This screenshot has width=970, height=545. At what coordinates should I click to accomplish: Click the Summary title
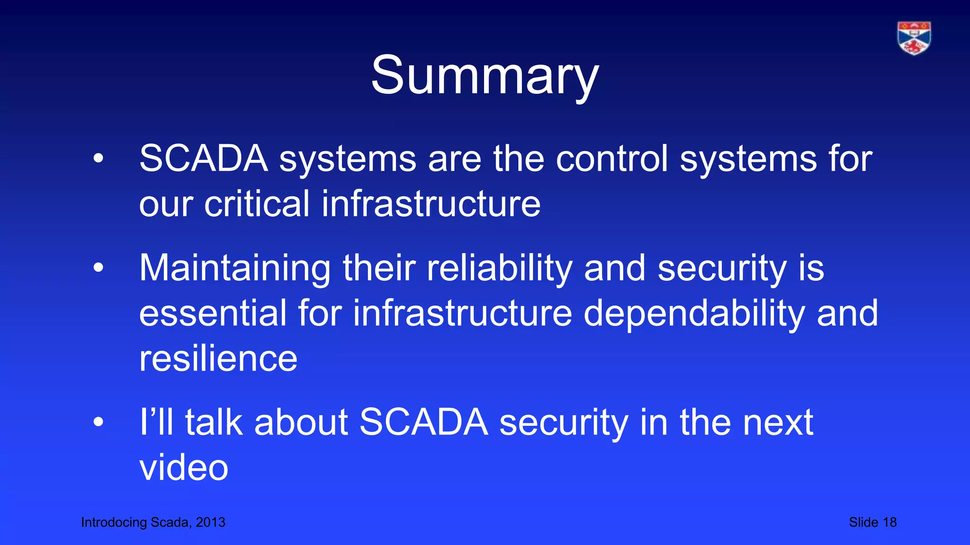click(485, 76)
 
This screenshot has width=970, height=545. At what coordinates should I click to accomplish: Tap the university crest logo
click(914, 38)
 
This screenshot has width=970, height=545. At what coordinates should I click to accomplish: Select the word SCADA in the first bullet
click(204, 158)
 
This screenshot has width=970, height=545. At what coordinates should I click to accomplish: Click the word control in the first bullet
click(611, 158)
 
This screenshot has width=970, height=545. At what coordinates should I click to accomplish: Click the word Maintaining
click(234, 268)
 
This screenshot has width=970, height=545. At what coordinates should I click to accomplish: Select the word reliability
click(499, 268)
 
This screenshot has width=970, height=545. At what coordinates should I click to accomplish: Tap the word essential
click(213, 313)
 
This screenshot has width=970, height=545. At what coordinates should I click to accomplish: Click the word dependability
click(694, 313)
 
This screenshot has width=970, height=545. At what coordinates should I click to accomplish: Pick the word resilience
click(218, 359)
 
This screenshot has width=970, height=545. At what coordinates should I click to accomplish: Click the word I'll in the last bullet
click(156, 422)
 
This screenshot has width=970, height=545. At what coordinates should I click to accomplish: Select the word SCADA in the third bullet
click(423, 422)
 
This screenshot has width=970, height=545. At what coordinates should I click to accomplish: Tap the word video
click(184, 467)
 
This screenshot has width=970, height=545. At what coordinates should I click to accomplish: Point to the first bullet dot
click(98, 159)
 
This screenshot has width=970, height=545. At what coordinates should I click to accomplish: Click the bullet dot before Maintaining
click(98, 268)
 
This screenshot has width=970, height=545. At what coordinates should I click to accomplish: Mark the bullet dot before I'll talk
click(98, 422)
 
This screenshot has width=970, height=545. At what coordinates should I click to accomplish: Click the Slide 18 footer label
click(872, 522)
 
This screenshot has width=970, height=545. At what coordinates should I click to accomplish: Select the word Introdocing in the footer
click(114, 522)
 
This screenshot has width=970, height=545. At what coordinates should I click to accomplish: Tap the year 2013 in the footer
click(211, 522)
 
